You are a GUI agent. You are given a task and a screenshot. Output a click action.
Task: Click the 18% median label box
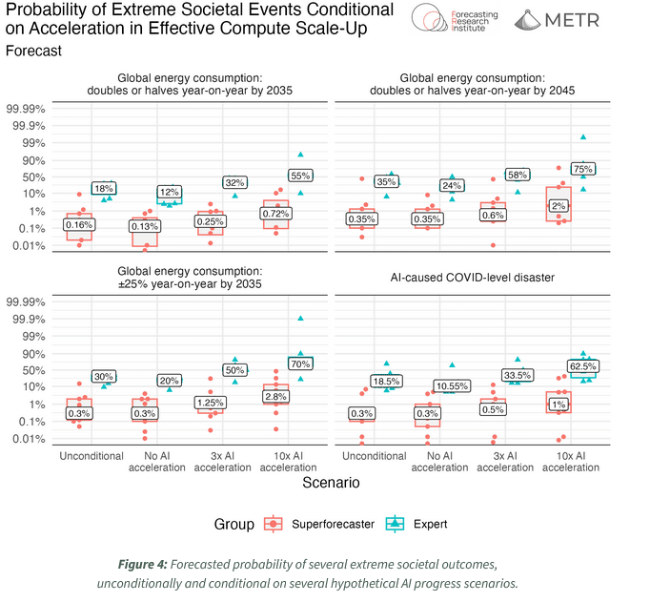click(103, 189)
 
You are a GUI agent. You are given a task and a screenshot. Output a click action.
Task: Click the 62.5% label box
click(583, 365)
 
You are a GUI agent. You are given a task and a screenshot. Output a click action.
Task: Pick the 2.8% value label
click(276, 396)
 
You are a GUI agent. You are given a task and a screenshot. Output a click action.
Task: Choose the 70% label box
click(300, 363)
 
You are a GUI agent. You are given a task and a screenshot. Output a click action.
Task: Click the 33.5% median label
click(519, 375)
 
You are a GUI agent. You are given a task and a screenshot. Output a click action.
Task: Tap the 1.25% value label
click(211, 403)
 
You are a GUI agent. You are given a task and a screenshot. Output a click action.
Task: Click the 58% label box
click(518, 176)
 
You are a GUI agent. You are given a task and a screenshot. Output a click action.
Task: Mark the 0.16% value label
click(79, 225)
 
